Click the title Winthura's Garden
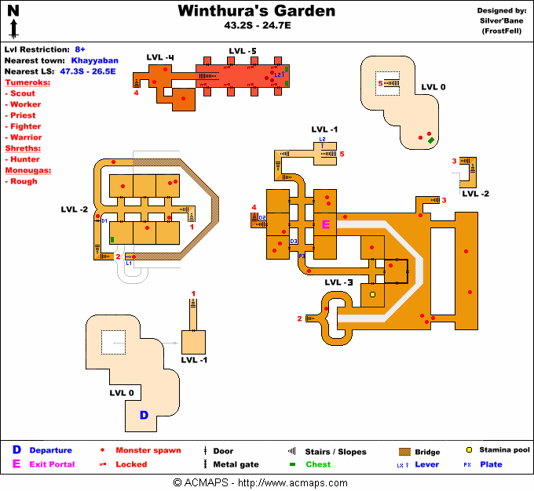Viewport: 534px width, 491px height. [x=256, y=11]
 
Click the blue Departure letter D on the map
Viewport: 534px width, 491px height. [x=144, y=415]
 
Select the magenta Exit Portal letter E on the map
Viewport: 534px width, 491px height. [x=326, y=224]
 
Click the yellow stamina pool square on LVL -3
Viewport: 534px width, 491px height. [x=373, y=295]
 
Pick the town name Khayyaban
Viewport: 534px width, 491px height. [x=94, y=60]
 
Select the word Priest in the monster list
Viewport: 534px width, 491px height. [x=24, y=115]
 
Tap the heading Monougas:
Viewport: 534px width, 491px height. [x=28, y=170]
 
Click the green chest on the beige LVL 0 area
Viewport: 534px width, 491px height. [x=431, y=140]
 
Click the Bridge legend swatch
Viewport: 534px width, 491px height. [x=405, y=452]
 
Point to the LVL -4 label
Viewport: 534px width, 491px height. [x=160, y=56]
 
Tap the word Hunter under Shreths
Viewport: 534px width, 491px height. [x=25, y=159]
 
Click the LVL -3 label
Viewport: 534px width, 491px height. [x=338, y=282]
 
